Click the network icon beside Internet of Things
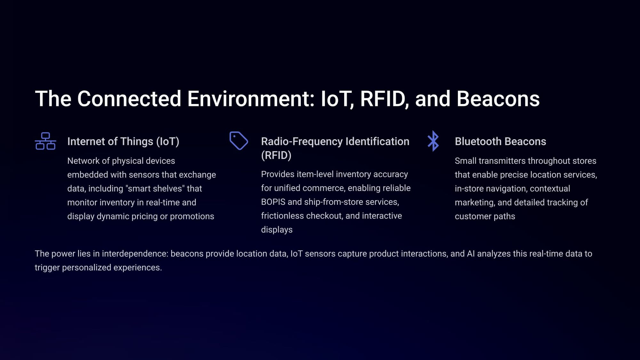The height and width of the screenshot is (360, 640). [45, 141]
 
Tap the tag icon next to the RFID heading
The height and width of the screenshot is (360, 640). [239, 141]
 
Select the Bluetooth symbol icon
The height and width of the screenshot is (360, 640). [433, 141]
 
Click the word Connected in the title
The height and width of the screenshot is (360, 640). [129, 99]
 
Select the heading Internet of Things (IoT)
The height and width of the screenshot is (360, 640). [123, 141]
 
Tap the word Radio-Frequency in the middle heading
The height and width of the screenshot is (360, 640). [302, 141]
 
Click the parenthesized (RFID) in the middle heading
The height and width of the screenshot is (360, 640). [276, 155]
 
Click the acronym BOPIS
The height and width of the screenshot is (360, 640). [273, 202]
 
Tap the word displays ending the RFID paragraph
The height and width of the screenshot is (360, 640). [277, 230]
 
